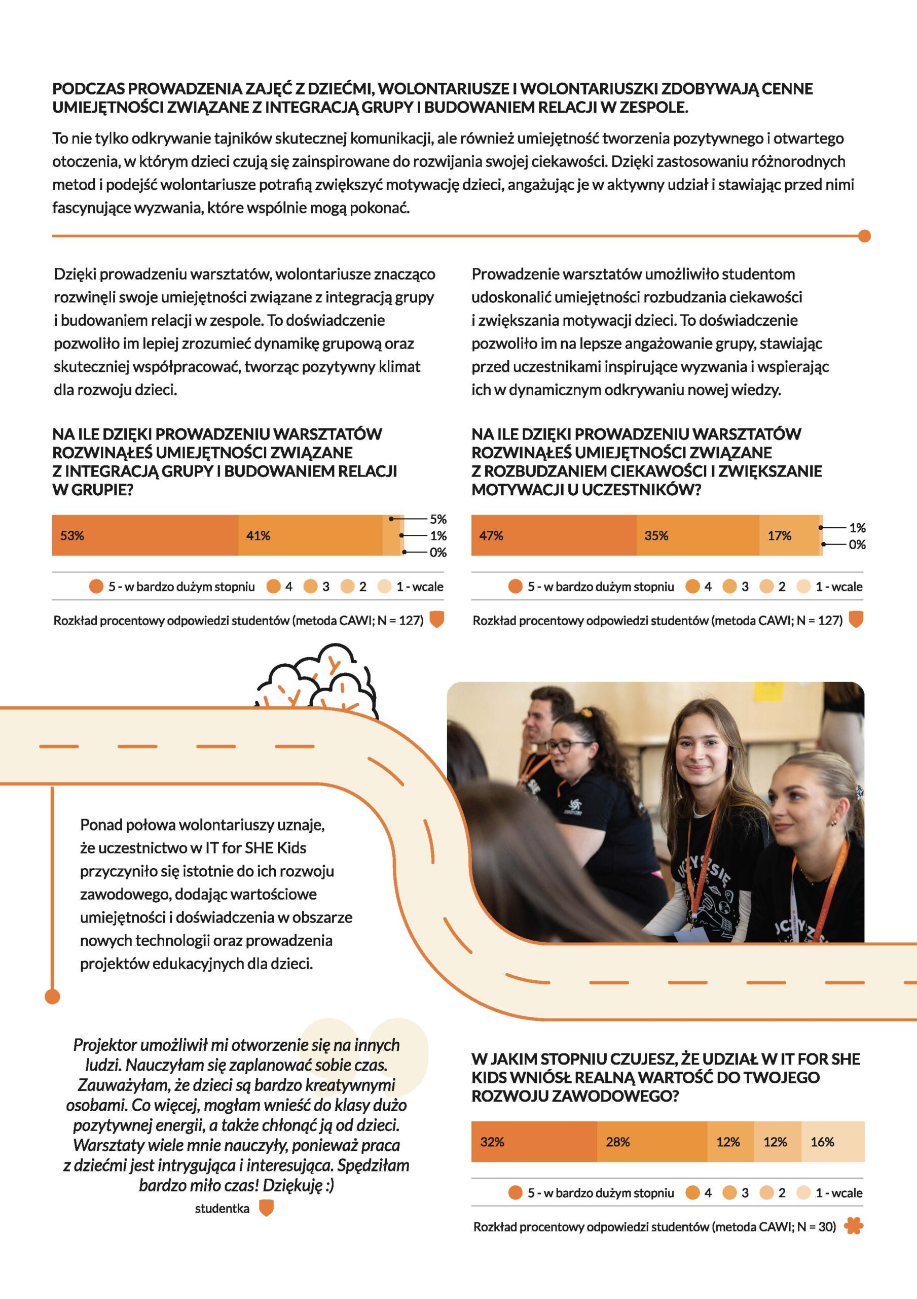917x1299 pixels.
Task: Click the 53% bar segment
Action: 145,535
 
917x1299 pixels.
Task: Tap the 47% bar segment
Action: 554,535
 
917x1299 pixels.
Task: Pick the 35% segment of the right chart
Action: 697,535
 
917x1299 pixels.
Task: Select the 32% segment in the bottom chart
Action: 534,1142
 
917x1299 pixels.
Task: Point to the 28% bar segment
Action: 651,1142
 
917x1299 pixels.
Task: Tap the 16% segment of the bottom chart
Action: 832,1142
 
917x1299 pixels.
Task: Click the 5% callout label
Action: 438,519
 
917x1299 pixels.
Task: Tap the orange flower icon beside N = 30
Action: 853,1226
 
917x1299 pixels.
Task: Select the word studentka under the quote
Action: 222,1209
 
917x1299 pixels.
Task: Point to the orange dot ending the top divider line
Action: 864,236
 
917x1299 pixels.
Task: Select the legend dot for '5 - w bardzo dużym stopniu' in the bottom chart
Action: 515,1192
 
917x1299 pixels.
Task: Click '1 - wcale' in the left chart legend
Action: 420,587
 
